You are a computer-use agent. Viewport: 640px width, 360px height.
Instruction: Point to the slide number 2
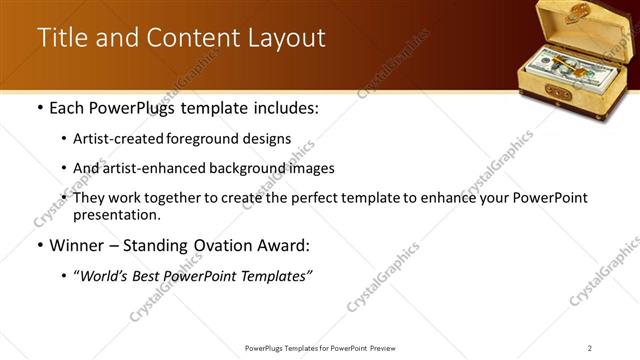(x=590, y=347)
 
